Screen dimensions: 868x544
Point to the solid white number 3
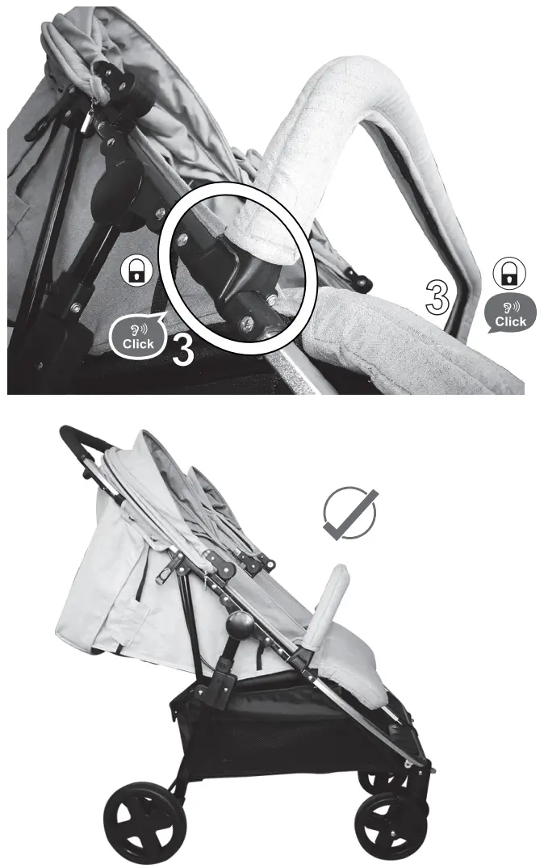pos(182,352)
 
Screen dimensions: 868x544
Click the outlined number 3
pos(437,297)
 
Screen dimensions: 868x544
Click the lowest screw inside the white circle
pos(246,323)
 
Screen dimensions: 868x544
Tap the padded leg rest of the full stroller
pos(359,670)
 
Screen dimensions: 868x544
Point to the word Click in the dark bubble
pos(510,321)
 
